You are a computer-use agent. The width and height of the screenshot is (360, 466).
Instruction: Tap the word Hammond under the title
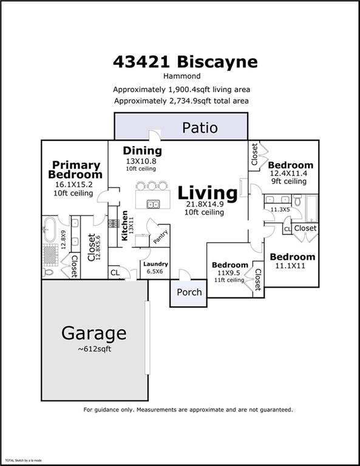[x=180, y=76]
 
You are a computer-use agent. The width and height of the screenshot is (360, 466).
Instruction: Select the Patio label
[x=200, y=128]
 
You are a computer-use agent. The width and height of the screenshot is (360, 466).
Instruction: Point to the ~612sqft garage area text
[x=94, y=349]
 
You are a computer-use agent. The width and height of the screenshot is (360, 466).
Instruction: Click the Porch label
[x=189, y=292]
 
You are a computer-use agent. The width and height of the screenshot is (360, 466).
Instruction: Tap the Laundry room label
[x=155, y=264]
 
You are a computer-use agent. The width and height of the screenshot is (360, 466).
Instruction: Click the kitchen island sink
[x=154, y=204]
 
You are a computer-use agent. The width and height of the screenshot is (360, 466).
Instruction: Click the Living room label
[x=206, y=193]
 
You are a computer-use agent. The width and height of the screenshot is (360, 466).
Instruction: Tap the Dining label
[x=143, y=150]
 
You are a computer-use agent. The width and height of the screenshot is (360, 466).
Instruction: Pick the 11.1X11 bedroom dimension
[x=292, y=266]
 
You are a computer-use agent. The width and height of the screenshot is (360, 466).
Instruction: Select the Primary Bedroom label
[x=76, y=169]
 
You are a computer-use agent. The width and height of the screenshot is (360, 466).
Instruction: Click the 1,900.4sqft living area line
[x=180, y=89]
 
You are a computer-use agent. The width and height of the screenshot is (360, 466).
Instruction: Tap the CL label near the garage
[x=115, y=273]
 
